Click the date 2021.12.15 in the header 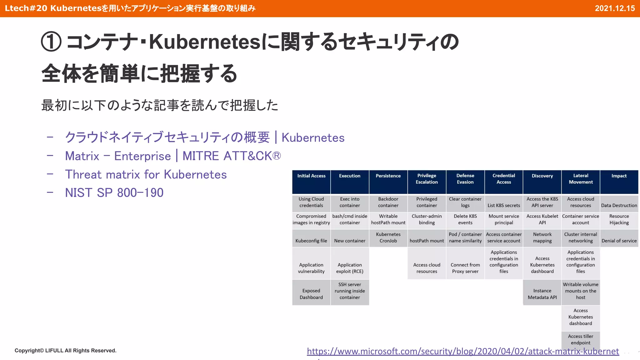point(614,8)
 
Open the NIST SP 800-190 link point(114,193)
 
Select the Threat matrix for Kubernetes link point(146,175)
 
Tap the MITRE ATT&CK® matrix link point(173,156)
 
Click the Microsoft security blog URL point(462,351)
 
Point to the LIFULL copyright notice point(65,351)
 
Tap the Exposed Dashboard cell point(311,294)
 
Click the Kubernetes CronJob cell point(388,237)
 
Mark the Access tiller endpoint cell point(580,339)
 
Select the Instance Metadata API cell point(542,294)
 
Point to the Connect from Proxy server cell point(465,268)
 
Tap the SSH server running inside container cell point(350,291)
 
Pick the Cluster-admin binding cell point(427,219)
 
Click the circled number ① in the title point(51,42)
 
